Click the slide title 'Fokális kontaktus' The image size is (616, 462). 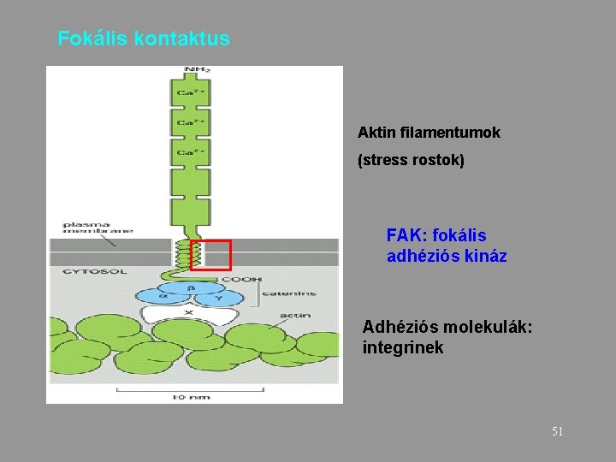click(144, 39)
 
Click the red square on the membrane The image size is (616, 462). click(210, 255)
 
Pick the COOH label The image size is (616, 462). click(242, 280)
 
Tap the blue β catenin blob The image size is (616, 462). click(190, 288)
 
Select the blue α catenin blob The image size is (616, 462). click(164, 297)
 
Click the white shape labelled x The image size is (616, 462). click(190, 314)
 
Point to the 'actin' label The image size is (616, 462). click(295, 316)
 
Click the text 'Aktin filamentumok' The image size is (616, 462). click(429, 133)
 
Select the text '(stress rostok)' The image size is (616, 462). click(411, 160)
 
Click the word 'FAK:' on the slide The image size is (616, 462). click(407, 235)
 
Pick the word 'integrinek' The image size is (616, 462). click(403, 348)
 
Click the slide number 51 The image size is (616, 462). click(557, 432)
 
